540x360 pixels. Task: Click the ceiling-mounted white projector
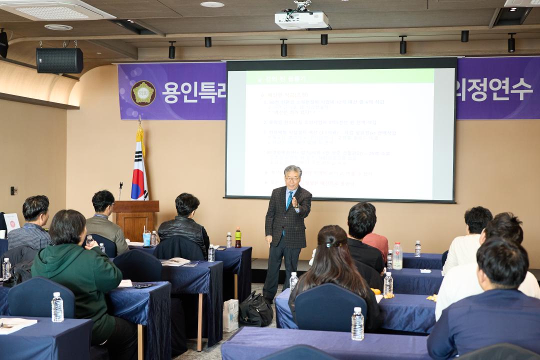pos(301,19)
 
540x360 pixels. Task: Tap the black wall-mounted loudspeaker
pos(59,60)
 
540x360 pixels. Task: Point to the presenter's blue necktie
pos(289,201)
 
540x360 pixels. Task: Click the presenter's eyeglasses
pos(291,178)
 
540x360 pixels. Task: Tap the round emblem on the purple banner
pos(143,93)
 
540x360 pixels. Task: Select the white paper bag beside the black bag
pos(230,315)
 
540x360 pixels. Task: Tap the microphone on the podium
pos(120,190)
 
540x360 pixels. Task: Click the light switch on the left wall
pos(14,190)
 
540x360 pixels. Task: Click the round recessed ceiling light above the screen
pos(212,4)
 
